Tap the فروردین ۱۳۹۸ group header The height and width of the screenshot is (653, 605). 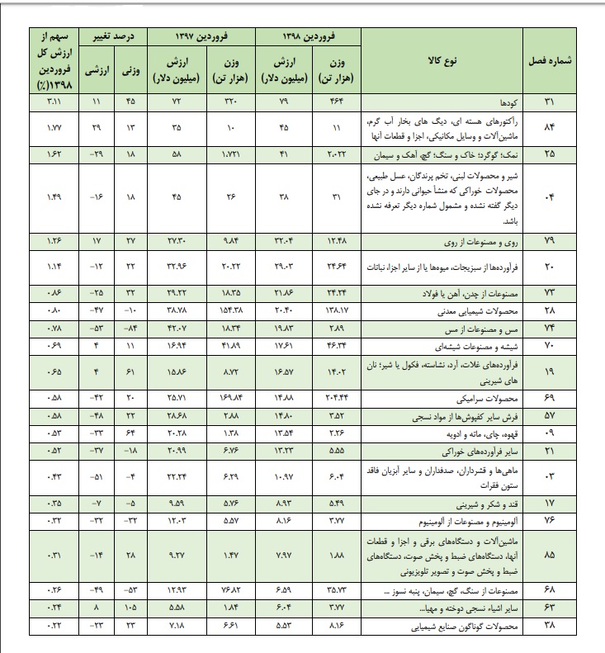tap(309, 37)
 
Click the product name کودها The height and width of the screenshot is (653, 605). tap(510, 102)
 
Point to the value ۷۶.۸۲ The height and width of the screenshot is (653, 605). tap(229, 591)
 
